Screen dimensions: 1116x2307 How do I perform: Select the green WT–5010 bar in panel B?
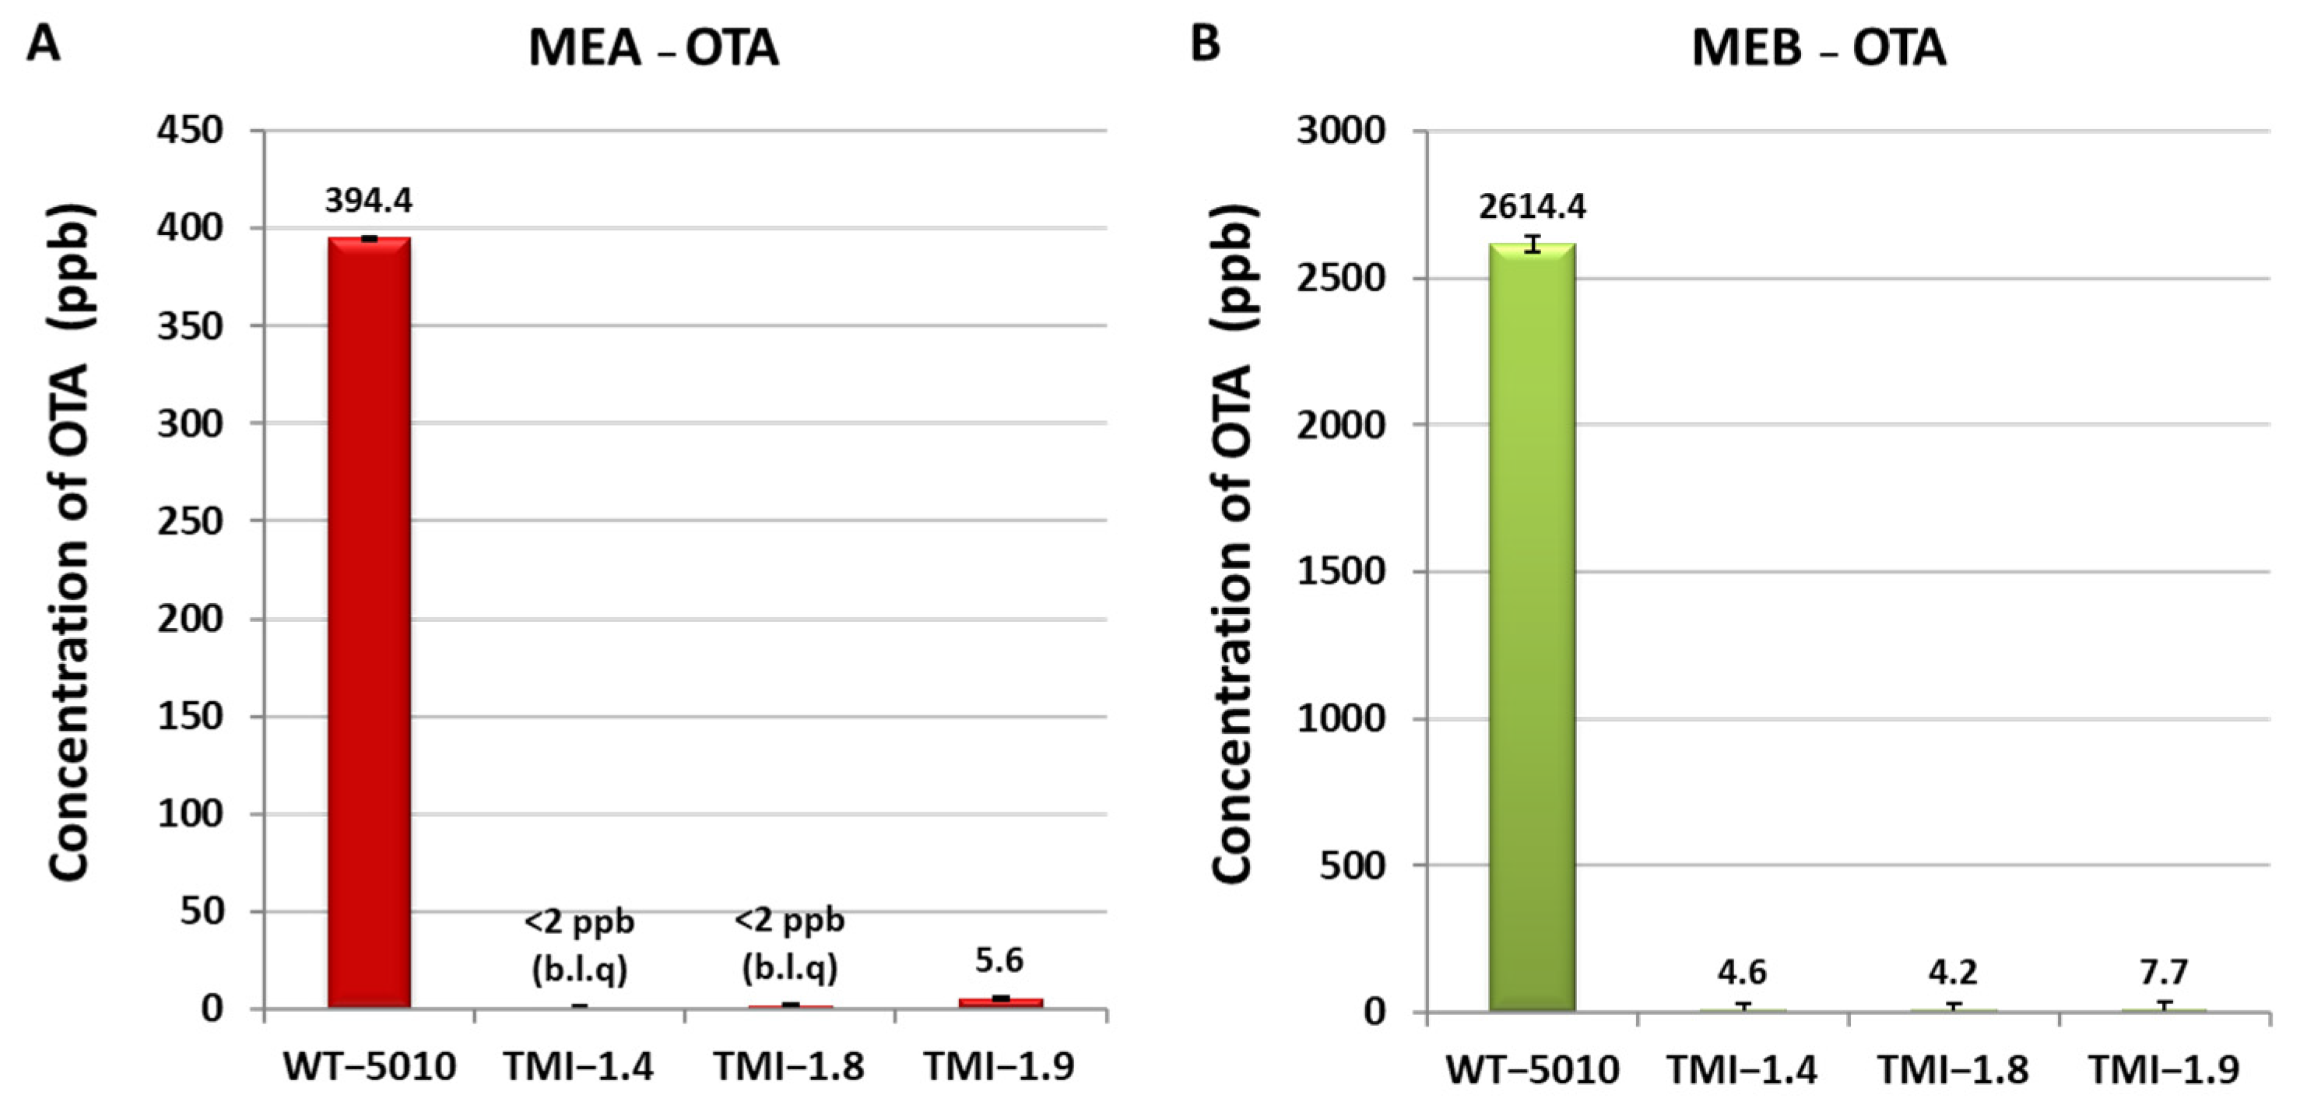[1533, 627]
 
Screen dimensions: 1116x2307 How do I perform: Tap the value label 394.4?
[369, 202]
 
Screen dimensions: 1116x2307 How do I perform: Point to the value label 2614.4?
[1533, 207]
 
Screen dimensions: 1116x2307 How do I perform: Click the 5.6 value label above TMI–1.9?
[999, 961]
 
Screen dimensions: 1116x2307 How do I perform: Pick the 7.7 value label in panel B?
[2164, 972]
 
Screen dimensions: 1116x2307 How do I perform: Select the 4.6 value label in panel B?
[1742, 972]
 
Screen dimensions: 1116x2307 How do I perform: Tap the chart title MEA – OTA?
[654, 48]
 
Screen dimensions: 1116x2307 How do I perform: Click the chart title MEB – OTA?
[1818, 48]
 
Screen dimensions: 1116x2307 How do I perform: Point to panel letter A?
[43, 43]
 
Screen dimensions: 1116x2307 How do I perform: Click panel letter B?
[1205, 42]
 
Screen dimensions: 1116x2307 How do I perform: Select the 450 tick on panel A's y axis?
[190, 131]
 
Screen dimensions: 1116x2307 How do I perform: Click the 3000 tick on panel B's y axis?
[1340, 131]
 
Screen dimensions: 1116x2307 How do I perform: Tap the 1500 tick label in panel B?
[1340, 571]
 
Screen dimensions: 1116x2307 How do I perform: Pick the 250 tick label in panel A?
[190, 521]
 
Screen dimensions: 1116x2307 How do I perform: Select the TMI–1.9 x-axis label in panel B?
[2164, 1069]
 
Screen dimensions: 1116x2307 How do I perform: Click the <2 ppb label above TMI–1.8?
[790, 921]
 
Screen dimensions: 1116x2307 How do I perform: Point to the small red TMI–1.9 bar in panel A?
[1001, 1003]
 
